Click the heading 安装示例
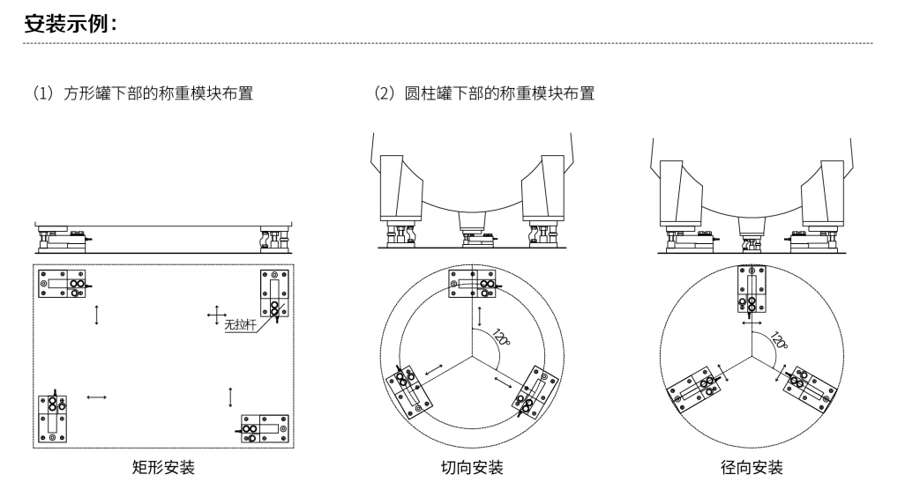click(71, 24)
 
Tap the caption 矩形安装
click(163, 467)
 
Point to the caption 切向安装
click(472, 467)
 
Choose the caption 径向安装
click(752, 467)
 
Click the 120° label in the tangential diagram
click(501, 338)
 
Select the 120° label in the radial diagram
click(780, 339)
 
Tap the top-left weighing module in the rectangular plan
click(64, 284)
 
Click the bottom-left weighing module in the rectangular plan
click(53, 416)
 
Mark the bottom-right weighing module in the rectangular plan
click(265, 428)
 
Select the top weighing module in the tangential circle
click(476, 283)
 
